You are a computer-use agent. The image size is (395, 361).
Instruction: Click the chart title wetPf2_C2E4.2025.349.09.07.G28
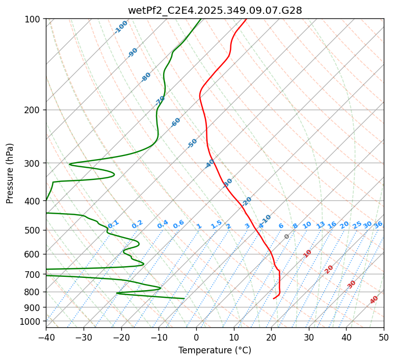(215, 10)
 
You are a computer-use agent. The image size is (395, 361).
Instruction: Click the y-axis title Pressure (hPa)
(10, 173)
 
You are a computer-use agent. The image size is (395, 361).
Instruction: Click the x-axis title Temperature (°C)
(215, 350)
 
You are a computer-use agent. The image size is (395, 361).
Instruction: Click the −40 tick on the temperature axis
(46, 337)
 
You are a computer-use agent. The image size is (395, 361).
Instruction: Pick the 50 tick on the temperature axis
(384, 337)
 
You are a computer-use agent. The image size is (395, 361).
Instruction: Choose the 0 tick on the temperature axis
(196, 337)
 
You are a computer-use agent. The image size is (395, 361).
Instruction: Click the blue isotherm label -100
(121, 27)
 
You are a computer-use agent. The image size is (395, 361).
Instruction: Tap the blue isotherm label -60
(176, 122)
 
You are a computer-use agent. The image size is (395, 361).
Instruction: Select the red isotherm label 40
(374, 300)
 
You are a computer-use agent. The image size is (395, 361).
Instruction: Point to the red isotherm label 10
(307, 253)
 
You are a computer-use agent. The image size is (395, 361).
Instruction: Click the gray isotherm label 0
(287, 237)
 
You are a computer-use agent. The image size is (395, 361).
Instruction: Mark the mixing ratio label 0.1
(113, 223)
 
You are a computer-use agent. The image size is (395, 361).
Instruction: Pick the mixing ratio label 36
(378, 224)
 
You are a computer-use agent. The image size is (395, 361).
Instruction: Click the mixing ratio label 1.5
(216, 224)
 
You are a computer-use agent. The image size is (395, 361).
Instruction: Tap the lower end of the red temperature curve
(274, 298)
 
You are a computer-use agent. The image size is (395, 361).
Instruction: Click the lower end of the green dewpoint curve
(184, 298)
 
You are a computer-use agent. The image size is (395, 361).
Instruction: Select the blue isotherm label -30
(228, 182)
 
